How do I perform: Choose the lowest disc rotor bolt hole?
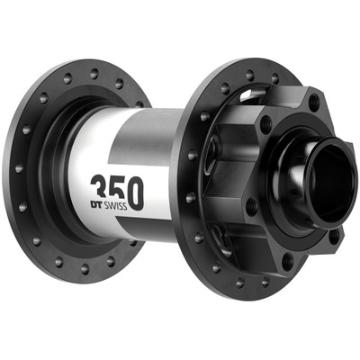[287, 261]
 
